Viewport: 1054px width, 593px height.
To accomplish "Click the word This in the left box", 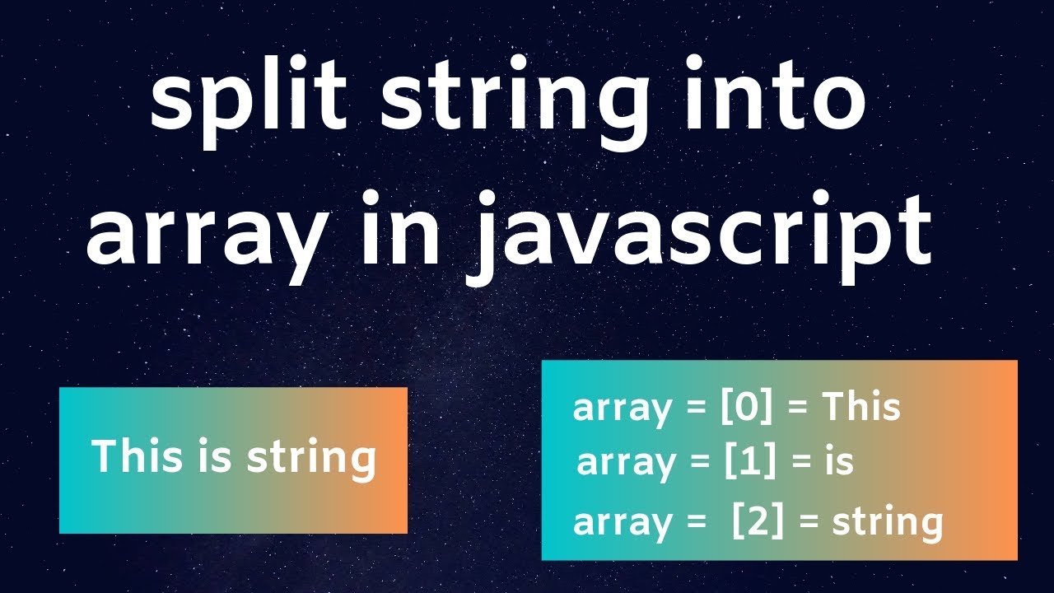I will click(133, 456).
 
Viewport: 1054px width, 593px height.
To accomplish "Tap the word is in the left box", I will click(210, 456).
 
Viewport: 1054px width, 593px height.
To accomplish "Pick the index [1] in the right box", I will click(750, 463).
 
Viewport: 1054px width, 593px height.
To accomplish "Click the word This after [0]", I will click(861, 408).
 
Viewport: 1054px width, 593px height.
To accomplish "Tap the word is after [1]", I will click(839, 462).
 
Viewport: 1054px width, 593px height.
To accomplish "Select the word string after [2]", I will click(888, 523).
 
